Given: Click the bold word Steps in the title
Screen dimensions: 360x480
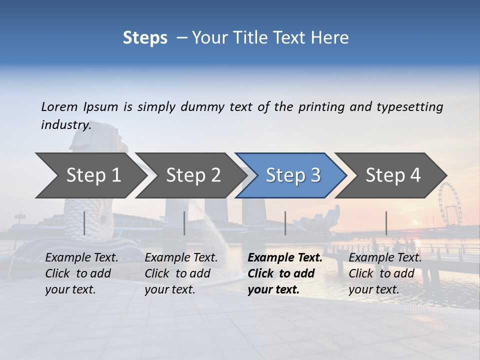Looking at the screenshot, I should tap(145, 37).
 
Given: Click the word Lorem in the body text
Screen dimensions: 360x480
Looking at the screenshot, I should tap(59, 106).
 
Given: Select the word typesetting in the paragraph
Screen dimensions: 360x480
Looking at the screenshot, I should tap(409, 106).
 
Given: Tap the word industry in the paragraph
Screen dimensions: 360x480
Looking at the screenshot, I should tap(65, 125).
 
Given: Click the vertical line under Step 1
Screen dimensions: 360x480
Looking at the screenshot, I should tap(84, 223).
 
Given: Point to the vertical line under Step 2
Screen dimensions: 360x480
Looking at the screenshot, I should tap(184, 223).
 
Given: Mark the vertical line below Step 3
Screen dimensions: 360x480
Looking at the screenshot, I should tap(285, 223).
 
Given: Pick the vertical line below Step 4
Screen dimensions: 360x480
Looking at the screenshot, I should tap(386, 223).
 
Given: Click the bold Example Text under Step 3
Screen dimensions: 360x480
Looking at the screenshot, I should tap(285, 258).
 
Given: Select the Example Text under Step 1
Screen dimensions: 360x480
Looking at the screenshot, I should tap(82, 258).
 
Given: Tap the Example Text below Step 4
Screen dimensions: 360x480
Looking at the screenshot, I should tap(385, 258).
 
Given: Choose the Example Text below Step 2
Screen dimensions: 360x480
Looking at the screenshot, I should tap(181, 258).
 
